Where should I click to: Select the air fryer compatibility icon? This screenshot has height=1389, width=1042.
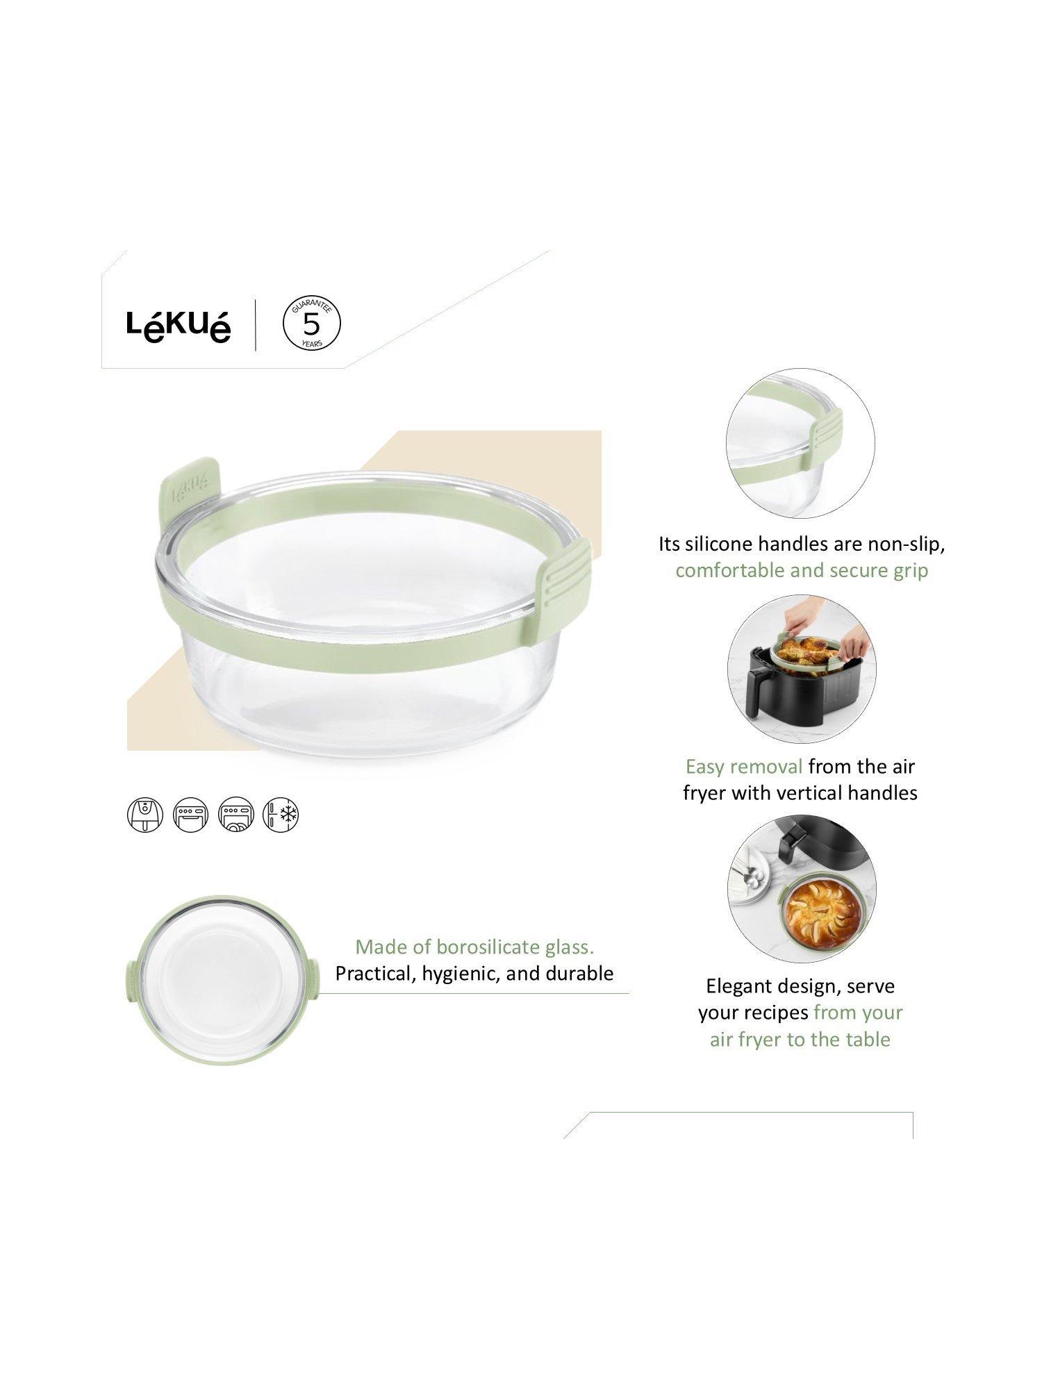pos(144,814)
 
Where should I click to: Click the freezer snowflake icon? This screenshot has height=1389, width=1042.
pos(281,814)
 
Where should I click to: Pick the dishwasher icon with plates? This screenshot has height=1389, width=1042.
pos(236,814)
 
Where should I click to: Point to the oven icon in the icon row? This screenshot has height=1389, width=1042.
pos(190,814)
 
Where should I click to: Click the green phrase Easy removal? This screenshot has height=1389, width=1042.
pos(744,767)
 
